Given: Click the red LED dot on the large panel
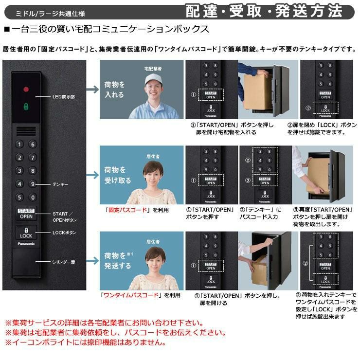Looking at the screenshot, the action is (26, 89).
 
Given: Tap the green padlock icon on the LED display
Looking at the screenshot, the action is (26, 107).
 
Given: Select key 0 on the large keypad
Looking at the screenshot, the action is (33, 197).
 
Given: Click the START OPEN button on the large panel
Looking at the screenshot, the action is (26, 214).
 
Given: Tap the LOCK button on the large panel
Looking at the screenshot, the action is (26, 233).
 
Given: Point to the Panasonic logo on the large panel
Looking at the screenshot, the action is (26, 244).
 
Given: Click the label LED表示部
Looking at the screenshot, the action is (64, 97).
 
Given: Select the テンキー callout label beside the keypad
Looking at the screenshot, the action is (60, 184).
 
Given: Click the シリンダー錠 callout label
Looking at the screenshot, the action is (64, 262).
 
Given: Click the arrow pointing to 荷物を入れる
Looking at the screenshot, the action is (92, 90).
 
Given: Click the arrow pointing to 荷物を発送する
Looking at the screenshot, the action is (92, 261).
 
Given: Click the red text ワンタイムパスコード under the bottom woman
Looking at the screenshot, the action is (131, 295).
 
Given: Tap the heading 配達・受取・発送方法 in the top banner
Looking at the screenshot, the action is (264, 11).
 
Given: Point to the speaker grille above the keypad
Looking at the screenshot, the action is (26, 131).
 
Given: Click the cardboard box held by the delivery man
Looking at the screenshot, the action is (258, 92).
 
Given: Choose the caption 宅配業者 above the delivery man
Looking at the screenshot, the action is (153, 69).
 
